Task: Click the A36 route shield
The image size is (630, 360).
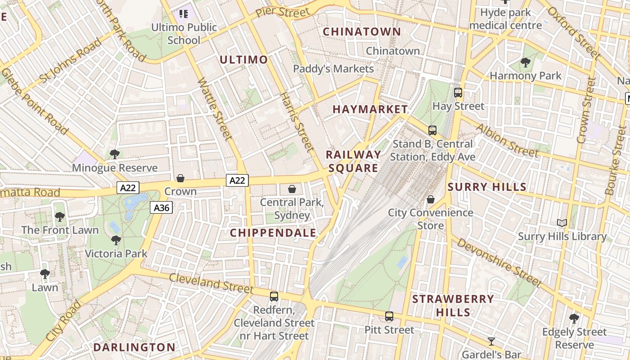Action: pos(161,207)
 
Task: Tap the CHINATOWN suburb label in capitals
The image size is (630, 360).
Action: pos(362,31)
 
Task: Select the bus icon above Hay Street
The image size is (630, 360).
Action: pos(458,93)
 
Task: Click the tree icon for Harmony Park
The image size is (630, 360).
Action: pos(525,63)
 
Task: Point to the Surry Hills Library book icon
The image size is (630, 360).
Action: pos(562,223)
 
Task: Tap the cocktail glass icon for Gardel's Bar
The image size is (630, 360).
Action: pos(491,341)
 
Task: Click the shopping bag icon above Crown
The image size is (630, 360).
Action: pos(180,178)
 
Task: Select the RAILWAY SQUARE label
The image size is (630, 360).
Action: pos(354,161)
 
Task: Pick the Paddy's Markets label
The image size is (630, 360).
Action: pos(333,69)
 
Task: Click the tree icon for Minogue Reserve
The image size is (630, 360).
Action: pos(115,154)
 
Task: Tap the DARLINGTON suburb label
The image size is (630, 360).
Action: pos(134,347)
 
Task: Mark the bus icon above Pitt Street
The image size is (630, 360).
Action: pos(389,316)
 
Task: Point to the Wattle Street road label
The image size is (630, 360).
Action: pos(214,108)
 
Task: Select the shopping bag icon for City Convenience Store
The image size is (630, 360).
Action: pos(431,199)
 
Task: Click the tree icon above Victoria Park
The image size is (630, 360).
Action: pos(116,240)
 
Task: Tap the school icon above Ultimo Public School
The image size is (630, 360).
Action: pos(184,14)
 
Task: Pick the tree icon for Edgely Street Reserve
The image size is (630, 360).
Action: pos(574,319)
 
